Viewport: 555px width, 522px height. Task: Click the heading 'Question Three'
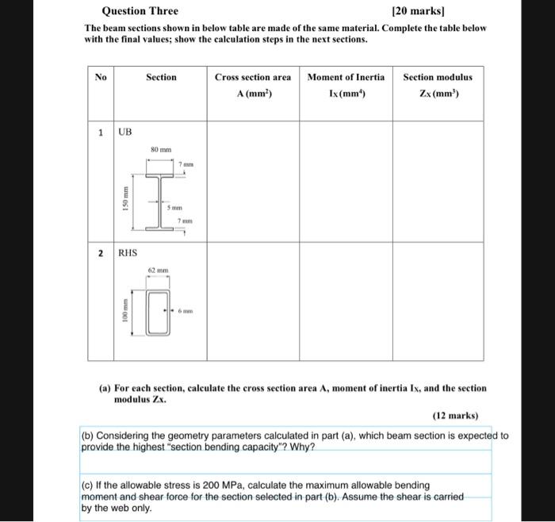tap(140, 11)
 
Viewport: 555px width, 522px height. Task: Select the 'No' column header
tap(101, 77)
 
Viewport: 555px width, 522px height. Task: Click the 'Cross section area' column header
tap(252, 77)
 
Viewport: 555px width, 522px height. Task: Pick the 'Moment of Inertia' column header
tap(346, 77)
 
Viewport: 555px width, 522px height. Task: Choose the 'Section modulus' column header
tap(438, 77)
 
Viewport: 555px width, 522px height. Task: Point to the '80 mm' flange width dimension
tap(161, 149)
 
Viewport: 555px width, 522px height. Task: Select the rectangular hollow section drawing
tap(159, 312)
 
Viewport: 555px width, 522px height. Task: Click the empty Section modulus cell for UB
tap(438, 180)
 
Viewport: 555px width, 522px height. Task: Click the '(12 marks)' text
tap(456, 414)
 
